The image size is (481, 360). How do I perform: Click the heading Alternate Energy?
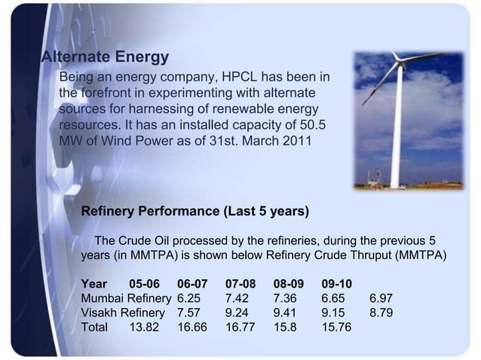point(104,57)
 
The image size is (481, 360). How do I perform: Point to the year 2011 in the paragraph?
point(293,141)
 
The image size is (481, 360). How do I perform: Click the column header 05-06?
point(145,285)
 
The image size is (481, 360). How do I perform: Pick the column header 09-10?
point(336,285)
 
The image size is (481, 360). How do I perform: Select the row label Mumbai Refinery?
point(125,299)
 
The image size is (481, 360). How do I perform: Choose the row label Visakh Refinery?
point(122,313)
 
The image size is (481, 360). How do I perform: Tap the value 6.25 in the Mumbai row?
point(189,299)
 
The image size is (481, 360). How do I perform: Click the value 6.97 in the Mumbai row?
point(381,299)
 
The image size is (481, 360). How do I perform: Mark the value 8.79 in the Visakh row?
point(381,313)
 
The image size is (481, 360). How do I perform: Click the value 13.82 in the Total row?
point(145,328)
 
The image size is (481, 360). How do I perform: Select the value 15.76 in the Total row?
point(337,328)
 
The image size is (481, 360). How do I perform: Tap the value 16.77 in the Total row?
point(240,328)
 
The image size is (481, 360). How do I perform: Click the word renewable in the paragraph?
point(237,109)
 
